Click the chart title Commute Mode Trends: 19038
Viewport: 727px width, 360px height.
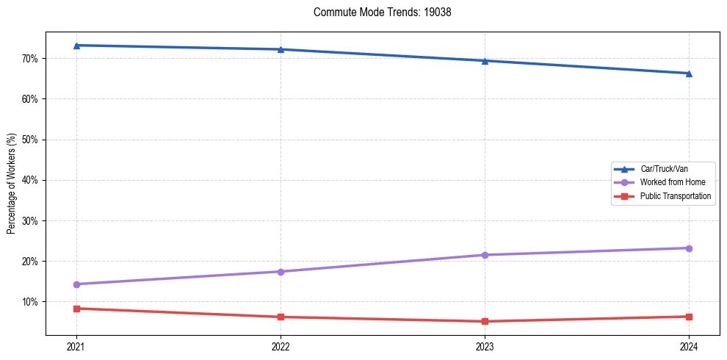click(x=377, y=12)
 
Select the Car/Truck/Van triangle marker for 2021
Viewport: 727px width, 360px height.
click(x=76, y=46)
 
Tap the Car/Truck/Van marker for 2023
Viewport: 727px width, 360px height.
click(x=485, y=61)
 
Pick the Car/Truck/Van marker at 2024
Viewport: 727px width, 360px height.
click(x=689, y=73)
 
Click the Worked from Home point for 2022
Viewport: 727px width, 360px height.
click(x=281, y=272)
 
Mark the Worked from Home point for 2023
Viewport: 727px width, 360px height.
click(x=485, y=255)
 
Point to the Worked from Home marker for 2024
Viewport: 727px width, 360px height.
click(x=689, y=248)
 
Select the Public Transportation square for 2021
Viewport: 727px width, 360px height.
click(x=76, y=309)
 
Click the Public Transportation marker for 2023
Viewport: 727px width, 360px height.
click(x=485, y=321)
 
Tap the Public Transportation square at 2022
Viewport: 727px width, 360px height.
click(x=281, y=317)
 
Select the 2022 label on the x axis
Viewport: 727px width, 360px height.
click(x=281, y=346)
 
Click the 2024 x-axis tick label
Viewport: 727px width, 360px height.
click(x=689, y=346)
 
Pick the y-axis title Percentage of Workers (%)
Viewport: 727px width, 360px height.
click(x=12, y=184)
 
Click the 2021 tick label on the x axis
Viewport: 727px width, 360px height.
click(x=76, y=346)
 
